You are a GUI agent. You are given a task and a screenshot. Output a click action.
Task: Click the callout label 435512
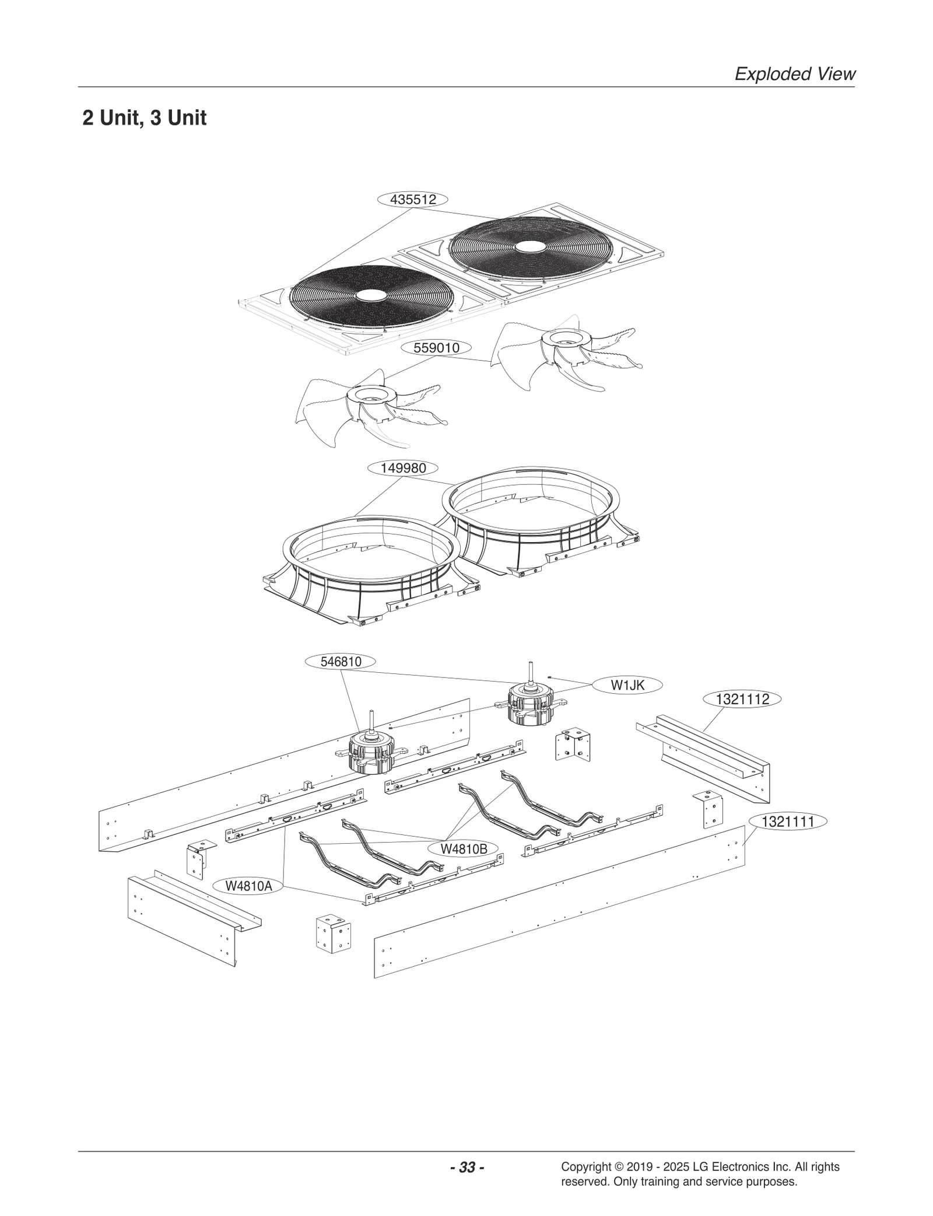[x=413, y=200]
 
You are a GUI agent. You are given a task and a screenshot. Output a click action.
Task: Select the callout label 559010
[x=436, y=348]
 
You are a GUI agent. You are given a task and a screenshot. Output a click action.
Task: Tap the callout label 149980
[x=403, y=468]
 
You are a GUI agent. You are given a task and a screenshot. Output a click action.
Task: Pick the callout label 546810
[x=341, y=662]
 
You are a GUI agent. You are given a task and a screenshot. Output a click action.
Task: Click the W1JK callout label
[x=627, y=686]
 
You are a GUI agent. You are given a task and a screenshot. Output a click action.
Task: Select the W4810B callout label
[x=464, y=849]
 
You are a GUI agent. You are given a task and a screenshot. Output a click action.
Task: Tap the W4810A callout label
[x=248, y=886]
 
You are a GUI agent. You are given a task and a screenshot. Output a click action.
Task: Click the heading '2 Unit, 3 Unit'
[x=144, y=118]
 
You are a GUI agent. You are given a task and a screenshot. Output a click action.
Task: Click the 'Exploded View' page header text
[x=794, y=74]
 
